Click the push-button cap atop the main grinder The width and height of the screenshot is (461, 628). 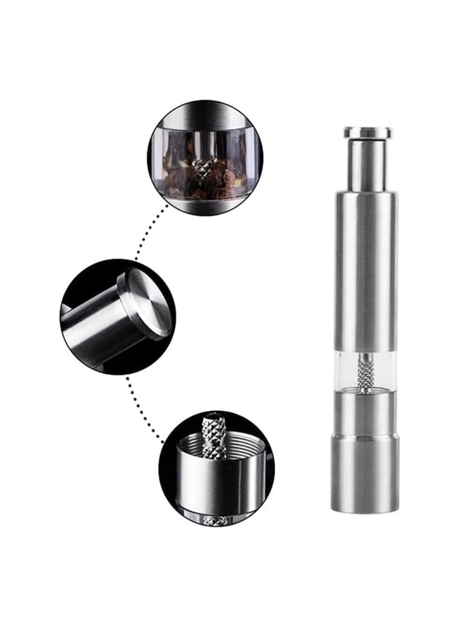pyautogui.click(x=366, y=132)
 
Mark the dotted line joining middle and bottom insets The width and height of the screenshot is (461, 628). pyautogui.click(x=145, y=403)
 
